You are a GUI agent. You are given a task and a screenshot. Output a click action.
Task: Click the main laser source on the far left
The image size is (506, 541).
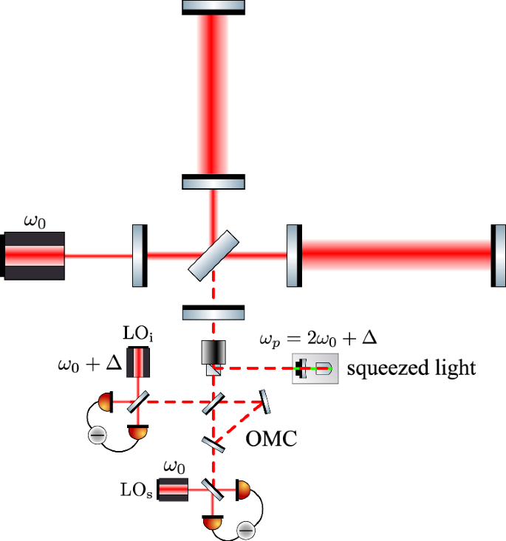coord(34,256)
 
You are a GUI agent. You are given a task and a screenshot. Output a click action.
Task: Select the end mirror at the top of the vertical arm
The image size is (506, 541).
coord(213,7)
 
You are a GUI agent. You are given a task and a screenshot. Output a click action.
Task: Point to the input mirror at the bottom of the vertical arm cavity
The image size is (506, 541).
coord(213,182)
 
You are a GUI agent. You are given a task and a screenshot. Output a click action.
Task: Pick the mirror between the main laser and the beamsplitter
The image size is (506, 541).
coord(140,255)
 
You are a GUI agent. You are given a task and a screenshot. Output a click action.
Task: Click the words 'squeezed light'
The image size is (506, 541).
coord(411,369)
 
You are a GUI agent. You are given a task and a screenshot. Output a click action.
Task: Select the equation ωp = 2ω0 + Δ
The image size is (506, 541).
coord(318,340)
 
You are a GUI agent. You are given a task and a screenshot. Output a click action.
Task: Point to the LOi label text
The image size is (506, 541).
coord(138,337)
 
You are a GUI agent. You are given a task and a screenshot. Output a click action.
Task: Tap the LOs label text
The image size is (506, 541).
coord(137,489)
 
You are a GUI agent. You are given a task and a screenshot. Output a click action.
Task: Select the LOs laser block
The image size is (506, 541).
coord(171,489)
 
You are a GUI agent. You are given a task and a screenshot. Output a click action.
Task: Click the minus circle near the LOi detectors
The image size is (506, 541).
coord(96,435)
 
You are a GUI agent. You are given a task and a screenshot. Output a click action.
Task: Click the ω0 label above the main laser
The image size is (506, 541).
coord(34,221)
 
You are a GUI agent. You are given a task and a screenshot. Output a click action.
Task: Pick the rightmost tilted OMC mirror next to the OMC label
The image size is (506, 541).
coord(263,402)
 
